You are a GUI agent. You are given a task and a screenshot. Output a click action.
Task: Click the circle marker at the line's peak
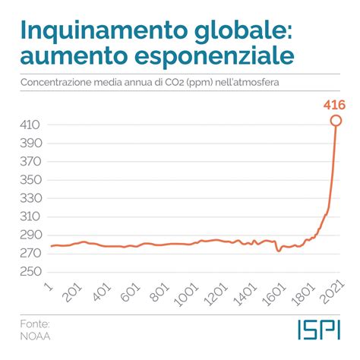[x=336, y=120]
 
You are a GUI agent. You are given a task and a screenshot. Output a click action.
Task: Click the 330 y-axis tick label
[x=33, y=197]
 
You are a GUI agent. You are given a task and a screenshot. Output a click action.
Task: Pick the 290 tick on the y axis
[x=33, y=235]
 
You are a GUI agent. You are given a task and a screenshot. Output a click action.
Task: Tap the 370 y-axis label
[x=33, y=160]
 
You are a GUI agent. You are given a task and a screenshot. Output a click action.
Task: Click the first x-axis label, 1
[x=49, y=287]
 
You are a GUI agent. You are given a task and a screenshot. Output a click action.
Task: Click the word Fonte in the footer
[x=34, y=321]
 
